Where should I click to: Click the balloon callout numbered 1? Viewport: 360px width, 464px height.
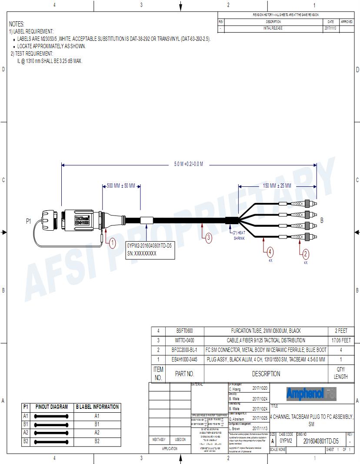[112, 242]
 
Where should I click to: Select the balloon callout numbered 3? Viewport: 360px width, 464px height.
[208, 238]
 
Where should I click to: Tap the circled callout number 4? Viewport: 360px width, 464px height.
[270, 252]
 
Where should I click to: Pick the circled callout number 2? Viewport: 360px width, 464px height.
[305, 254]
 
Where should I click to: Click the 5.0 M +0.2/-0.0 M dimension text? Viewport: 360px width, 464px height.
[189, 164]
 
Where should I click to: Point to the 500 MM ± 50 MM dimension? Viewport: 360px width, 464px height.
[121, 186]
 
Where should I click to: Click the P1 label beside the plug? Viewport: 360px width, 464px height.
[28, 221]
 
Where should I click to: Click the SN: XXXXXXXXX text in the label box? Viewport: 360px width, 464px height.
[142, 253]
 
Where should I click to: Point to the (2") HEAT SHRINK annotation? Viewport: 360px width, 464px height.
[240, 235]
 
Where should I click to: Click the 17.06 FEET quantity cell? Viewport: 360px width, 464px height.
[340, 340]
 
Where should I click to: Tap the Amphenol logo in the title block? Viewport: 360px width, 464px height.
[311, 394]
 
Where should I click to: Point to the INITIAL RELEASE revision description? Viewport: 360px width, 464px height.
[273, 28]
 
